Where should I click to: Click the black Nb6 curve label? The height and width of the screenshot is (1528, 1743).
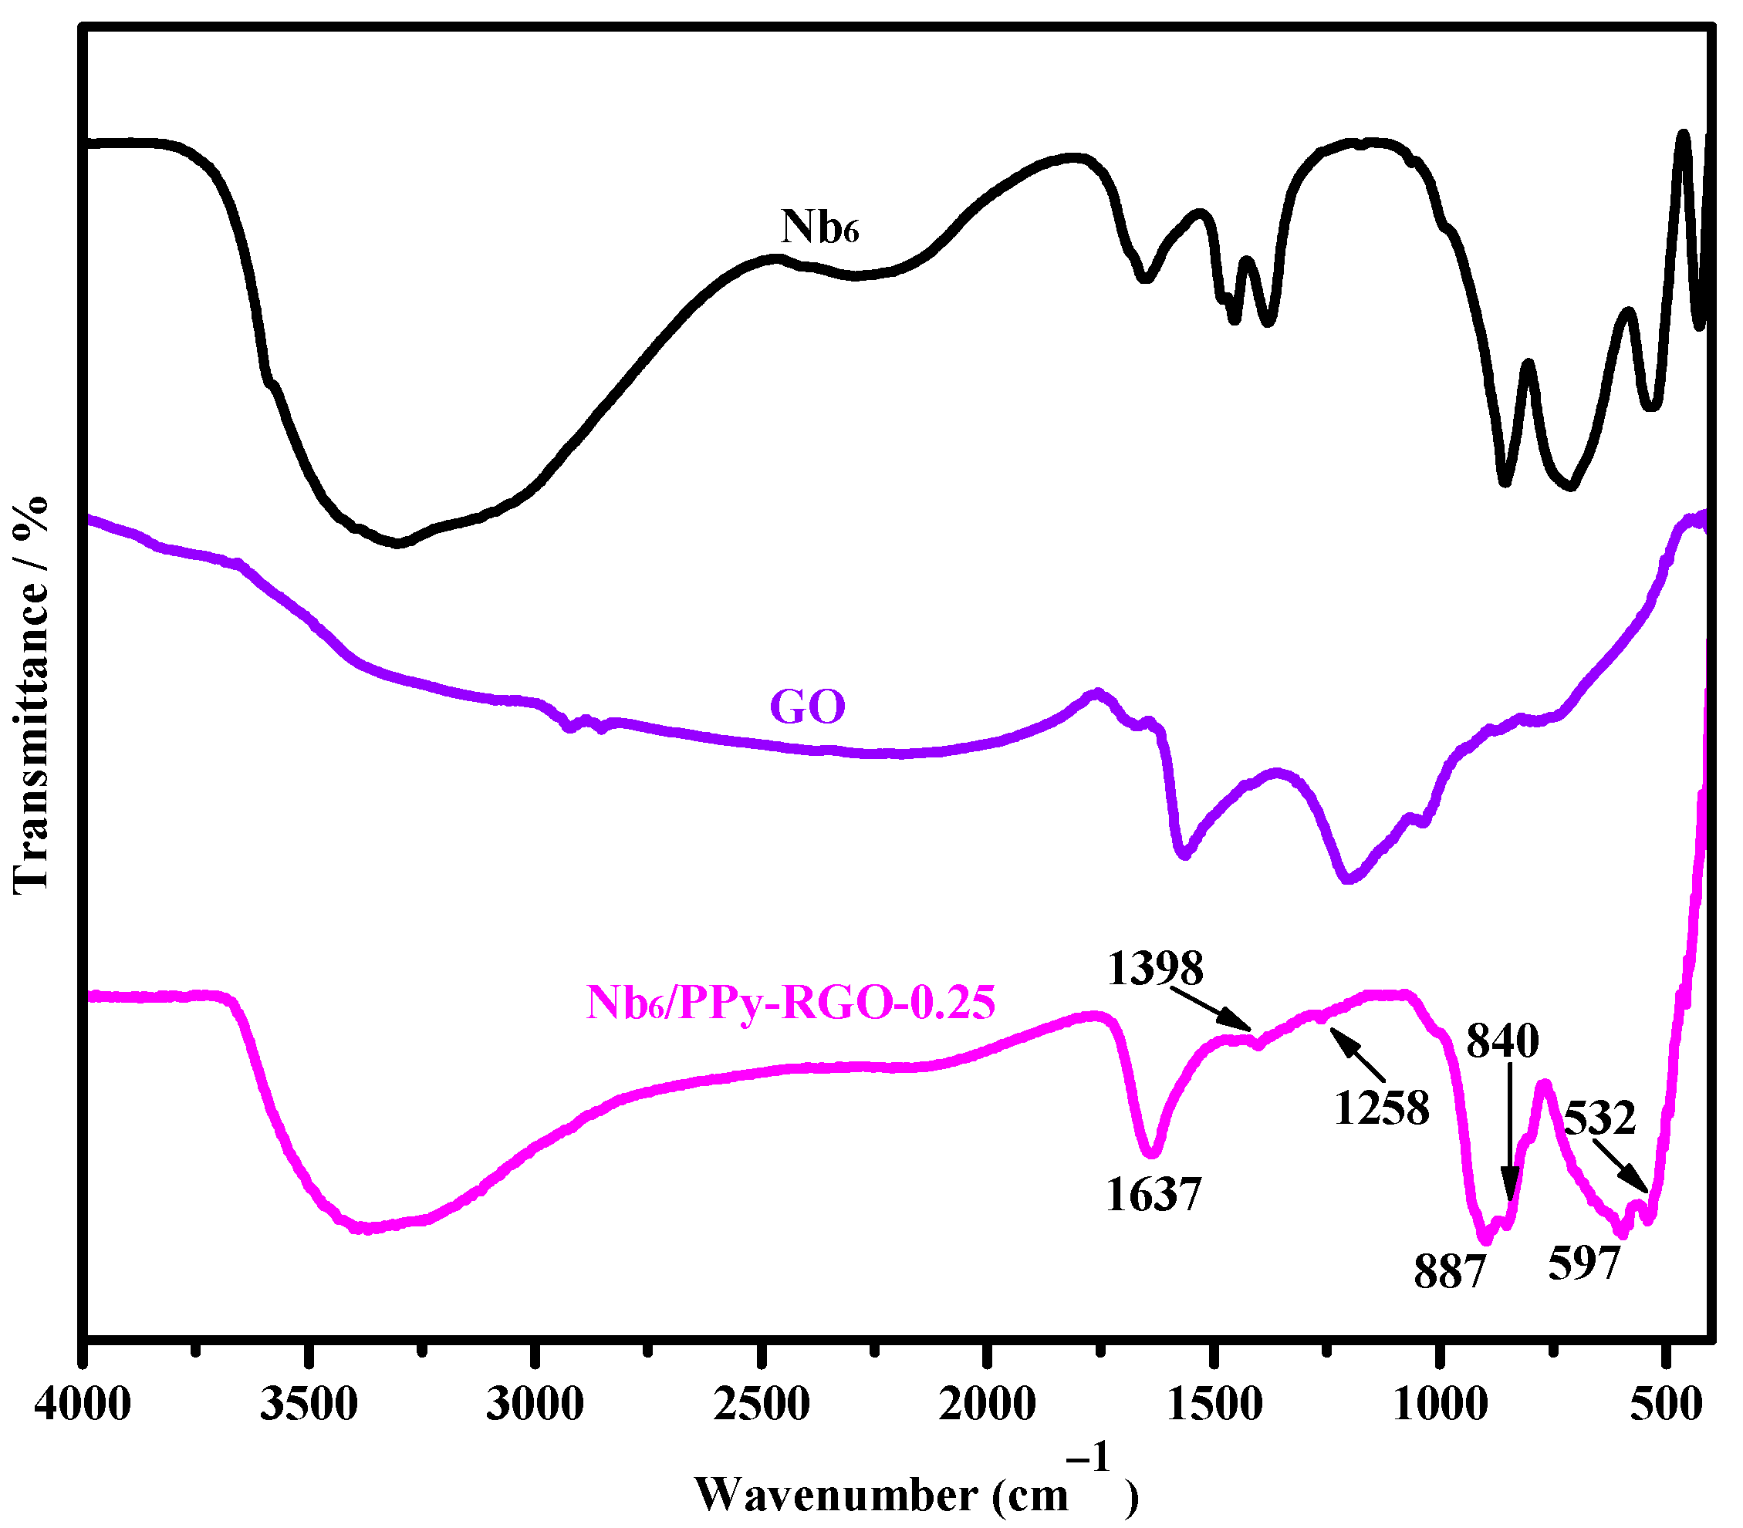pos(819,228)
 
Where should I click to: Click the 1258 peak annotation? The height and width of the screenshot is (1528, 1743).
pos(1381,1108)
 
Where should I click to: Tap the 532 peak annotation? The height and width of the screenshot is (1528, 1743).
pos(1599,1118)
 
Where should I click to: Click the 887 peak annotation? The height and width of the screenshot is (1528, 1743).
pos(1450,1272)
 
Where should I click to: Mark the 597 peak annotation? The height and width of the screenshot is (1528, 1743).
pos(1583,1263)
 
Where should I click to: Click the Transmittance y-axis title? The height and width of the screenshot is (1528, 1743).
pos(31,695)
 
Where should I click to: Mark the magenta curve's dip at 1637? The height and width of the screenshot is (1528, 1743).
pos(1151,1153)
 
